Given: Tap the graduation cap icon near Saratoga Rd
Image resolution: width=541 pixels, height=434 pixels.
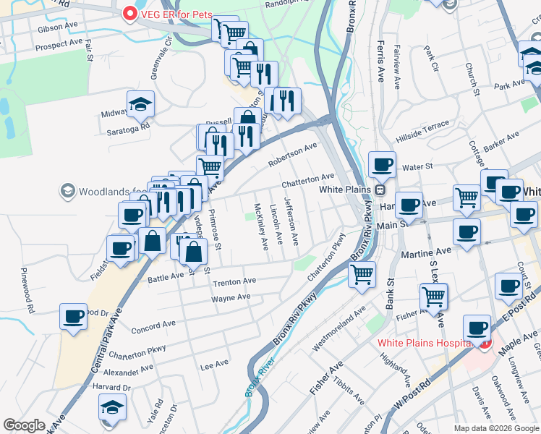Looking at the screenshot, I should pos(140,104).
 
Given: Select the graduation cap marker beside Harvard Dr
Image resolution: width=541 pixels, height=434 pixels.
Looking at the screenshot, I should pos(111,408).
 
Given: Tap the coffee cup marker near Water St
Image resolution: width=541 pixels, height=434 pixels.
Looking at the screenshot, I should pos(381,163).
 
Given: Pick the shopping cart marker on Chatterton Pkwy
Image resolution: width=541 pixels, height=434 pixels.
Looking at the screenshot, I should pos(361,273).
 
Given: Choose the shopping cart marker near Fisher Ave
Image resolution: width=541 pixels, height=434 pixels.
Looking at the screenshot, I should pos(433,295).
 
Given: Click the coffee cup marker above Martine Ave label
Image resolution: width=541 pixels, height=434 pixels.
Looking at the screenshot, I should pos(467,231).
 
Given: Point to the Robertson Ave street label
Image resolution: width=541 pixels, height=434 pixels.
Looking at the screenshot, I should pos(293,154).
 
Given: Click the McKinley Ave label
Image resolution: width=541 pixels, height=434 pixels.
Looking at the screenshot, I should pos(260,226).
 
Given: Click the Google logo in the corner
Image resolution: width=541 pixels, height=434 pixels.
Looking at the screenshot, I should pos(25,425).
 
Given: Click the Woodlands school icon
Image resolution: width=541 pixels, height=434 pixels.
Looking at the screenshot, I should pos(68,191).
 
